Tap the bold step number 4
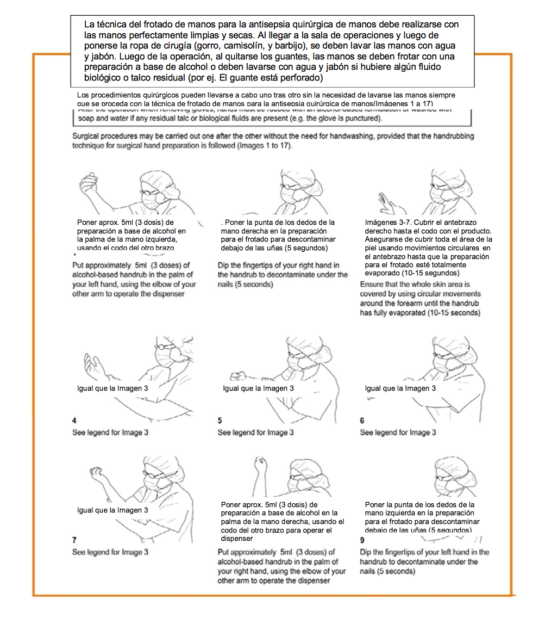pos(75,421)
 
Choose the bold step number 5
pos(220,421)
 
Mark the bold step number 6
pos(362,421)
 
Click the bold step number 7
pos(75,540)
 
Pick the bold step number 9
pos(362,540)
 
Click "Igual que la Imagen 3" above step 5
pos(258,388)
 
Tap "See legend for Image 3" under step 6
pos(398,432)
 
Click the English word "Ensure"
pos(372,285)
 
